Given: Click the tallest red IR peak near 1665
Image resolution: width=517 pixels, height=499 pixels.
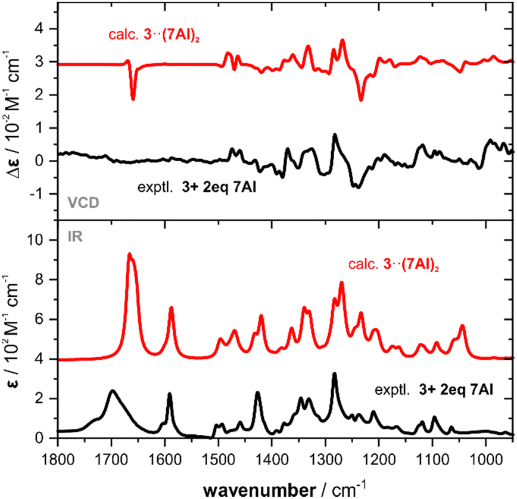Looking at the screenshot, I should tap(129, 255).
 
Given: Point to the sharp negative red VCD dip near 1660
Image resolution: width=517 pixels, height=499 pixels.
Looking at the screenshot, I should tap(133, 99).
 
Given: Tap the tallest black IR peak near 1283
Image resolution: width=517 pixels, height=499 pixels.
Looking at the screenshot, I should tap(334, 374).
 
